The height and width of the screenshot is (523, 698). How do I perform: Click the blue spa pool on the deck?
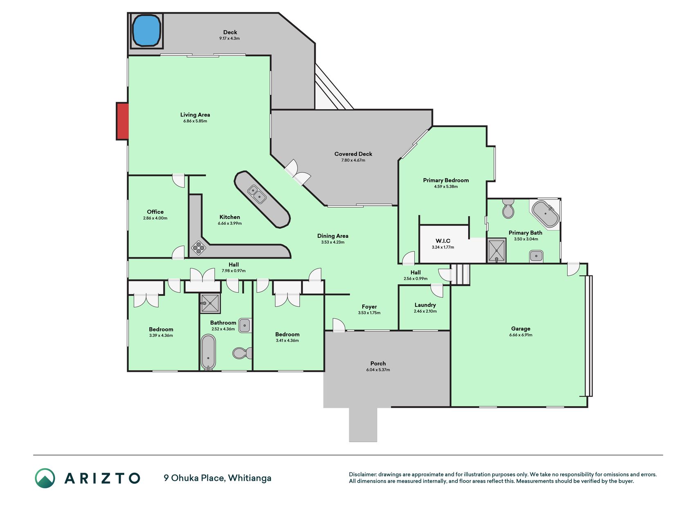pyautogui.click(x=146, y=31)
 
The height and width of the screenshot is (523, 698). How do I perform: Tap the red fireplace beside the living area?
pyautogui.click(x=122, y=121)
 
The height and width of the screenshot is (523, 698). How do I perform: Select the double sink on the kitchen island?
pyautogui.click(x=257, y=194)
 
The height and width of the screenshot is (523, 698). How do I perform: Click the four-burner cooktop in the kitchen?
pyautogui.click(x=199, y=248)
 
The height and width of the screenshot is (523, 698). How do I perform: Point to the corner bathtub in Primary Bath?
pyautogui.click(x=545, y=213)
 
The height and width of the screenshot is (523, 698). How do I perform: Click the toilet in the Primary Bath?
pyautogui.click(x=508, y=208)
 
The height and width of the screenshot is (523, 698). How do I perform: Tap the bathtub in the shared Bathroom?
pyautogui.click(x=208, y=352)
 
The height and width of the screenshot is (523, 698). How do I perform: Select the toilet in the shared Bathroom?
pyautogui.click(x=242, y=353)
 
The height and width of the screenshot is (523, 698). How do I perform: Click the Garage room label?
pyautogui.click(x=521, y=329)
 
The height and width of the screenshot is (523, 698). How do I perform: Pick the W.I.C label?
pyautogui.click(x=443, y=241)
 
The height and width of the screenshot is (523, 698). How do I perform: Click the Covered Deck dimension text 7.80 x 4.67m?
pyautogui.click(x=353, y=160)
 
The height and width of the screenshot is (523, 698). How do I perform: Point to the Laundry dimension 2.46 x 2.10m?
pyautogui.click(x=425, y=311)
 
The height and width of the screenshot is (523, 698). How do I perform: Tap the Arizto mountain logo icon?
pyautogui.click(x=45, y=478)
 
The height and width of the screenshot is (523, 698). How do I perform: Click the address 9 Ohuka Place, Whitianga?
pyautogui.click(x=218, y=478)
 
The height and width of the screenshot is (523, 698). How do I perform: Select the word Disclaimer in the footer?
pyautogui.click(x=363, y=474)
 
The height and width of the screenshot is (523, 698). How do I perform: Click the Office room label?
pyautogui.click(x=155, y=212)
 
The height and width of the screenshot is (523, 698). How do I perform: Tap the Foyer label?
pyautogui.click(x=369, y=306)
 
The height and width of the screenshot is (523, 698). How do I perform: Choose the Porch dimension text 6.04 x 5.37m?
pyautogui.click(x=378, y=370)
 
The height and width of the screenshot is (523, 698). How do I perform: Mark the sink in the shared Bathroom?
pyautogui.click(x=245, y=326)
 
